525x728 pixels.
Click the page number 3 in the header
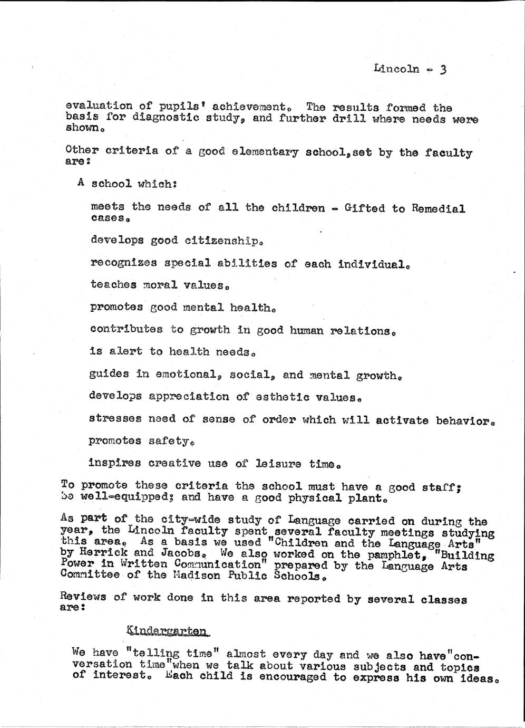pyautogui.click(x=443, y=69)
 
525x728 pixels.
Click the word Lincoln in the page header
pyautogui.click(x=396, y=69)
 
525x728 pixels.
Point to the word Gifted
pyautogui.click(x=365, y=208)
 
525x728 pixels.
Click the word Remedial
pyautogui.click(x=439, y=209)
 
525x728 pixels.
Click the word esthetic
pyautogui.click(x=277, y=397)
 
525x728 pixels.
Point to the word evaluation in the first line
pyautogui.click(x=99, y=106)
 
